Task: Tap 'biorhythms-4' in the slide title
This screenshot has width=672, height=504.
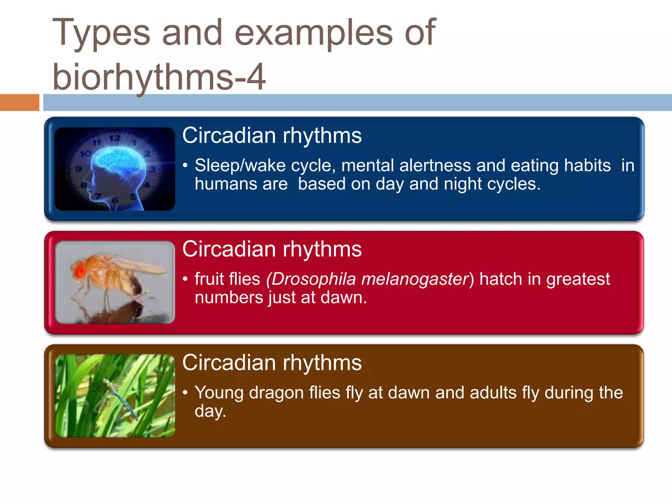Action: (x=159, y=77)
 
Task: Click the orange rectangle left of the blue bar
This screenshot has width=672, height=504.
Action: (x=19, y=102)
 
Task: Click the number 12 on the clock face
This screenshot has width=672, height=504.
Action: (x=115, y=138)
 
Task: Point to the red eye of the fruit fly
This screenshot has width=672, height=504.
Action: (x=80, y=271)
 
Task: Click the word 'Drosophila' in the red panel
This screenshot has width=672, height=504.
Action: (x=313, y=279)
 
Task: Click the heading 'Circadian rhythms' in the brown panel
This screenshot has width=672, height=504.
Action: (x=272, y=363)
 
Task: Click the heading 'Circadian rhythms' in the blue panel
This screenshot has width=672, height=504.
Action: (x=272, y=136)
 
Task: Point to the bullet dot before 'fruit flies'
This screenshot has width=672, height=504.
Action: (x=185, y=279)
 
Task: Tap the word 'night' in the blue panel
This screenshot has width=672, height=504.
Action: (x=463, y=184)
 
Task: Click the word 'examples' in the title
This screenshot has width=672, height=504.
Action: (x=314, y=33)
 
